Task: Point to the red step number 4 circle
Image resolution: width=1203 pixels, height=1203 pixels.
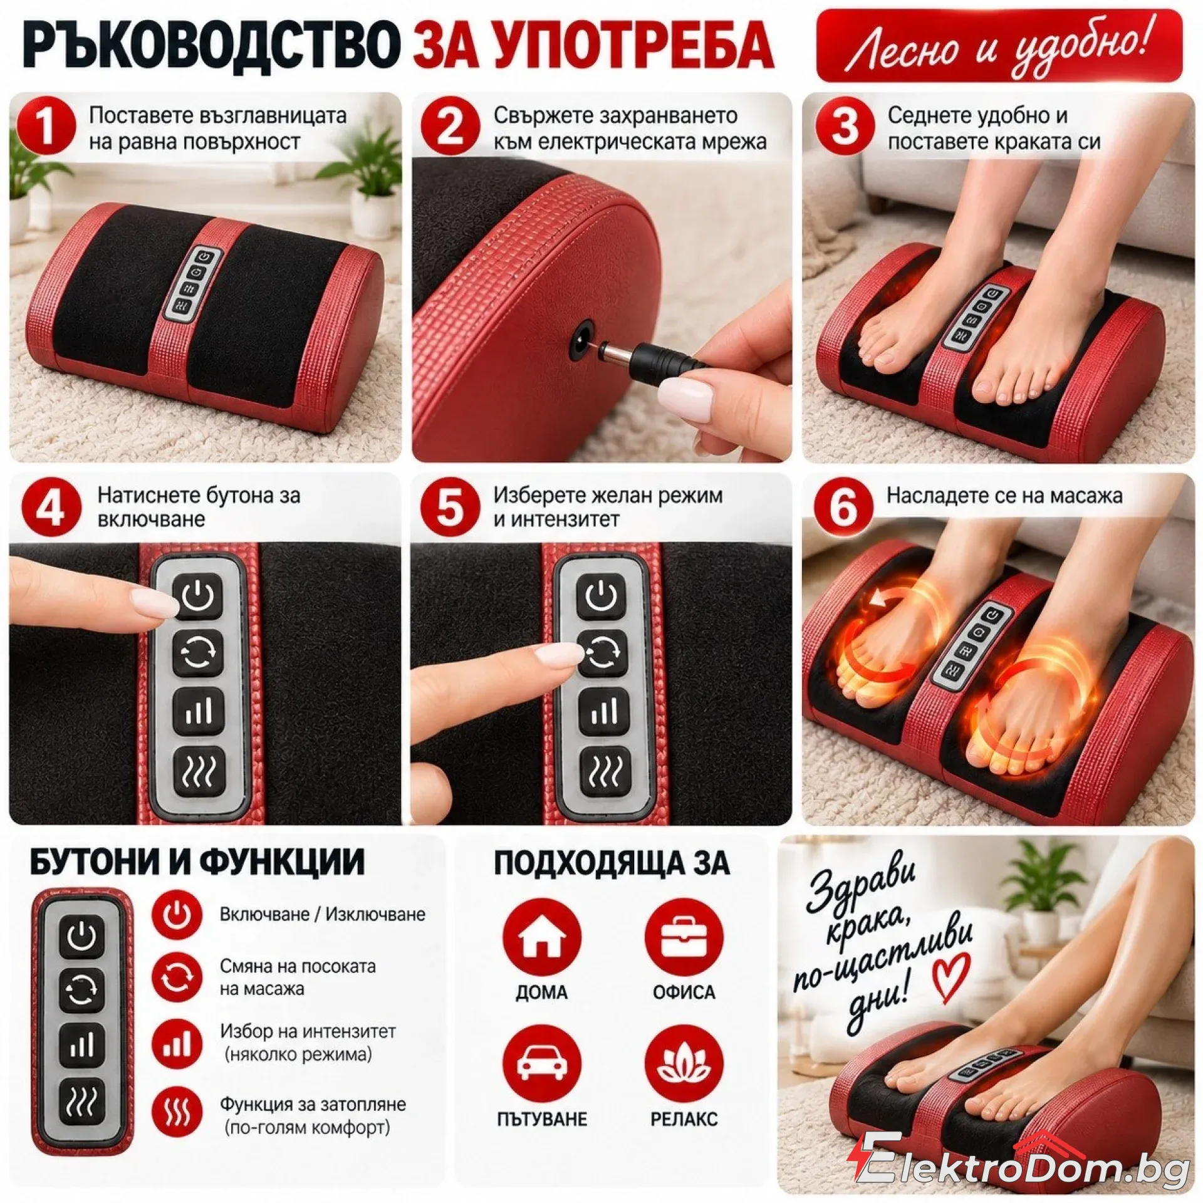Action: coord(51,509)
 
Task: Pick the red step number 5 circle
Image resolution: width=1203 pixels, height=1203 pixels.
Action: coord(450,509)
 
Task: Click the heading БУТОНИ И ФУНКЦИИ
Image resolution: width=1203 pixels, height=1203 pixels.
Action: coord(197,862)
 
